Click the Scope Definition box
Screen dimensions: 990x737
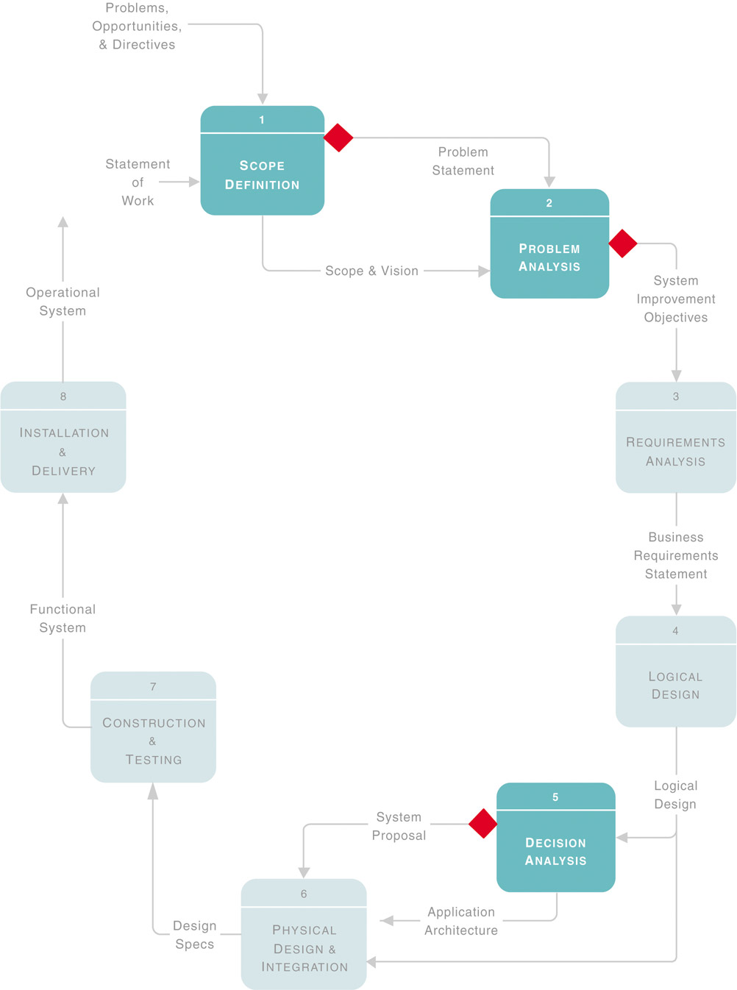click(x=262, y=161)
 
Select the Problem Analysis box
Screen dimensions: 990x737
click(x=549, y=244)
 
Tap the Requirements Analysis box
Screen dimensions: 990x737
click(x=675, y=438)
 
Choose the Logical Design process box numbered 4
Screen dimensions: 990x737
click(x=675, y=672)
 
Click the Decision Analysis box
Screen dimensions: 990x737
click(x=555, y=838)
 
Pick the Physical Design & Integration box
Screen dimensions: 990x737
click(x=304, y=934)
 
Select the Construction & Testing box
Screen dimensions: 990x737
click(x=153, y=727)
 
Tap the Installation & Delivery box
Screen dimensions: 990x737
click(x=63, y=438)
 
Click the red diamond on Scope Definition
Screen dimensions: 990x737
click(x=338, y=138)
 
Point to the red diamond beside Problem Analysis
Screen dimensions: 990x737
click(x=623, y=243)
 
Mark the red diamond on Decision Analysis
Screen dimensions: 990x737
click(x=483, y=824)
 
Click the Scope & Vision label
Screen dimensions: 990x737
click(x=371, y=271)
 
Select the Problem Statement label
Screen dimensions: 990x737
click(x=463, y=161)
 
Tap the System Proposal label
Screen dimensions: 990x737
click(x=399, y=826)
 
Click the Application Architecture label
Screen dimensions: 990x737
click(x=461, y=921)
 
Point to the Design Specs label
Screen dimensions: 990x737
click(x=195, y=935)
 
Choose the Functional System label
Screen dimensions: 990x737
click(x=63, y=619)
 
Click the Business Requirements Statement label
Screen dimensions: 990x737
click(x=675, y=555)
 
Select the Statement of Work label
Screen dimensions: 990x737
click(x=138, y=182)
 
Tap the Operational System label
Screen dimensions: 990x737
click(x=63, y=302)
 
